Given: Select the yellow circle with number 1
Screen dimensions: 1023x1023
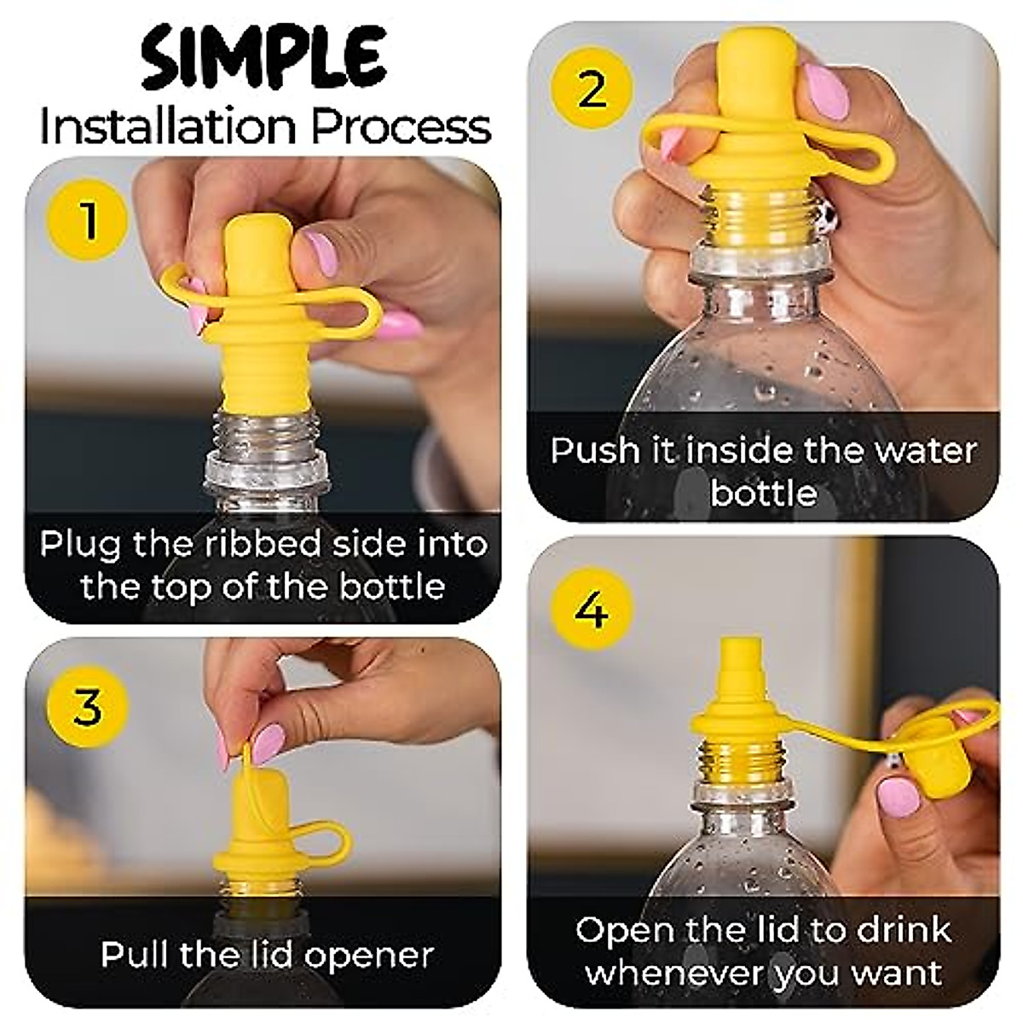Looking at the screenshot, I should coord(89,222).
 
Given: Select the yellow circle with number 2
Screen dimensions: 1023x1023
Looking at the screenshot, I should coord(592,88).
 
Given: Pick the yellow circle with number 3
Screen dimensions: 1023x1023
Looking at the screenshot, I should coord(88,707).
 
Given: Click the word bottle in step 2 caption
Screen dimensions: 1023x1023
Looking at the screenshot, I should coord(763,493).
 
